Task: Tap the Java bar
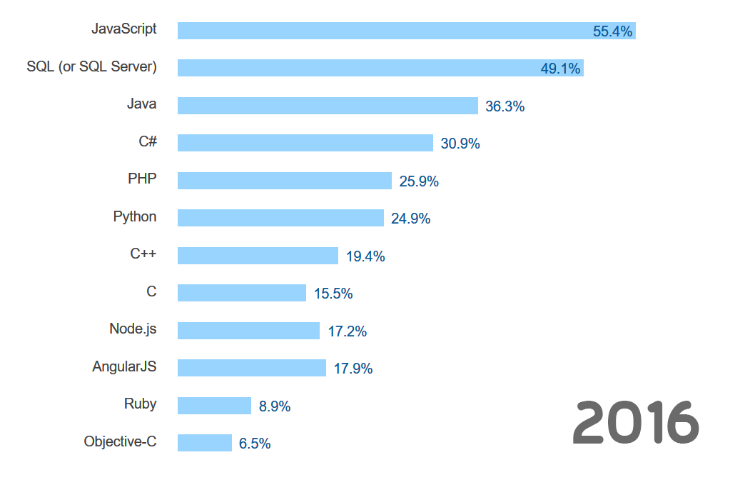click(328, 106)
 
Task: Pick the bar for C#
click(305, 143)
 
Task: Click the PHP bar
click(285, 181)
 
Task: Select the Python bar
click(280, 218)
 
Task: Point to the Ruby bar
click(214, 406)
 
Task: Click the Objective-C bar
click(205, 443)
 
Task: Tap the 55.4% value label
click(612, 31)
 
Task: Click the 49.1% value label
click(560, 69)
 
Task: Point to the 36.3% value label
click(505, 106)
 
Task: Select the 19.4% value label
click(365, 256)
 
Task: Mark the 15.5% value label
click(333, 294)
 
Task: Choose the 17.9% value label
click(353, 369)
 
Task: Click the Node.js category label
click(133, 329)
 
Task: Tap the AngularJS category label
click(124, 366)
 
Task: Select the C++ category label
click(143, 254)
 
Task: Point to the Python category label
click(135, 216)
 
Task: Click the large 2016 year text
click(636, 423)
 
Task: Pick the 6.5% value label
click(255, 444)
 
